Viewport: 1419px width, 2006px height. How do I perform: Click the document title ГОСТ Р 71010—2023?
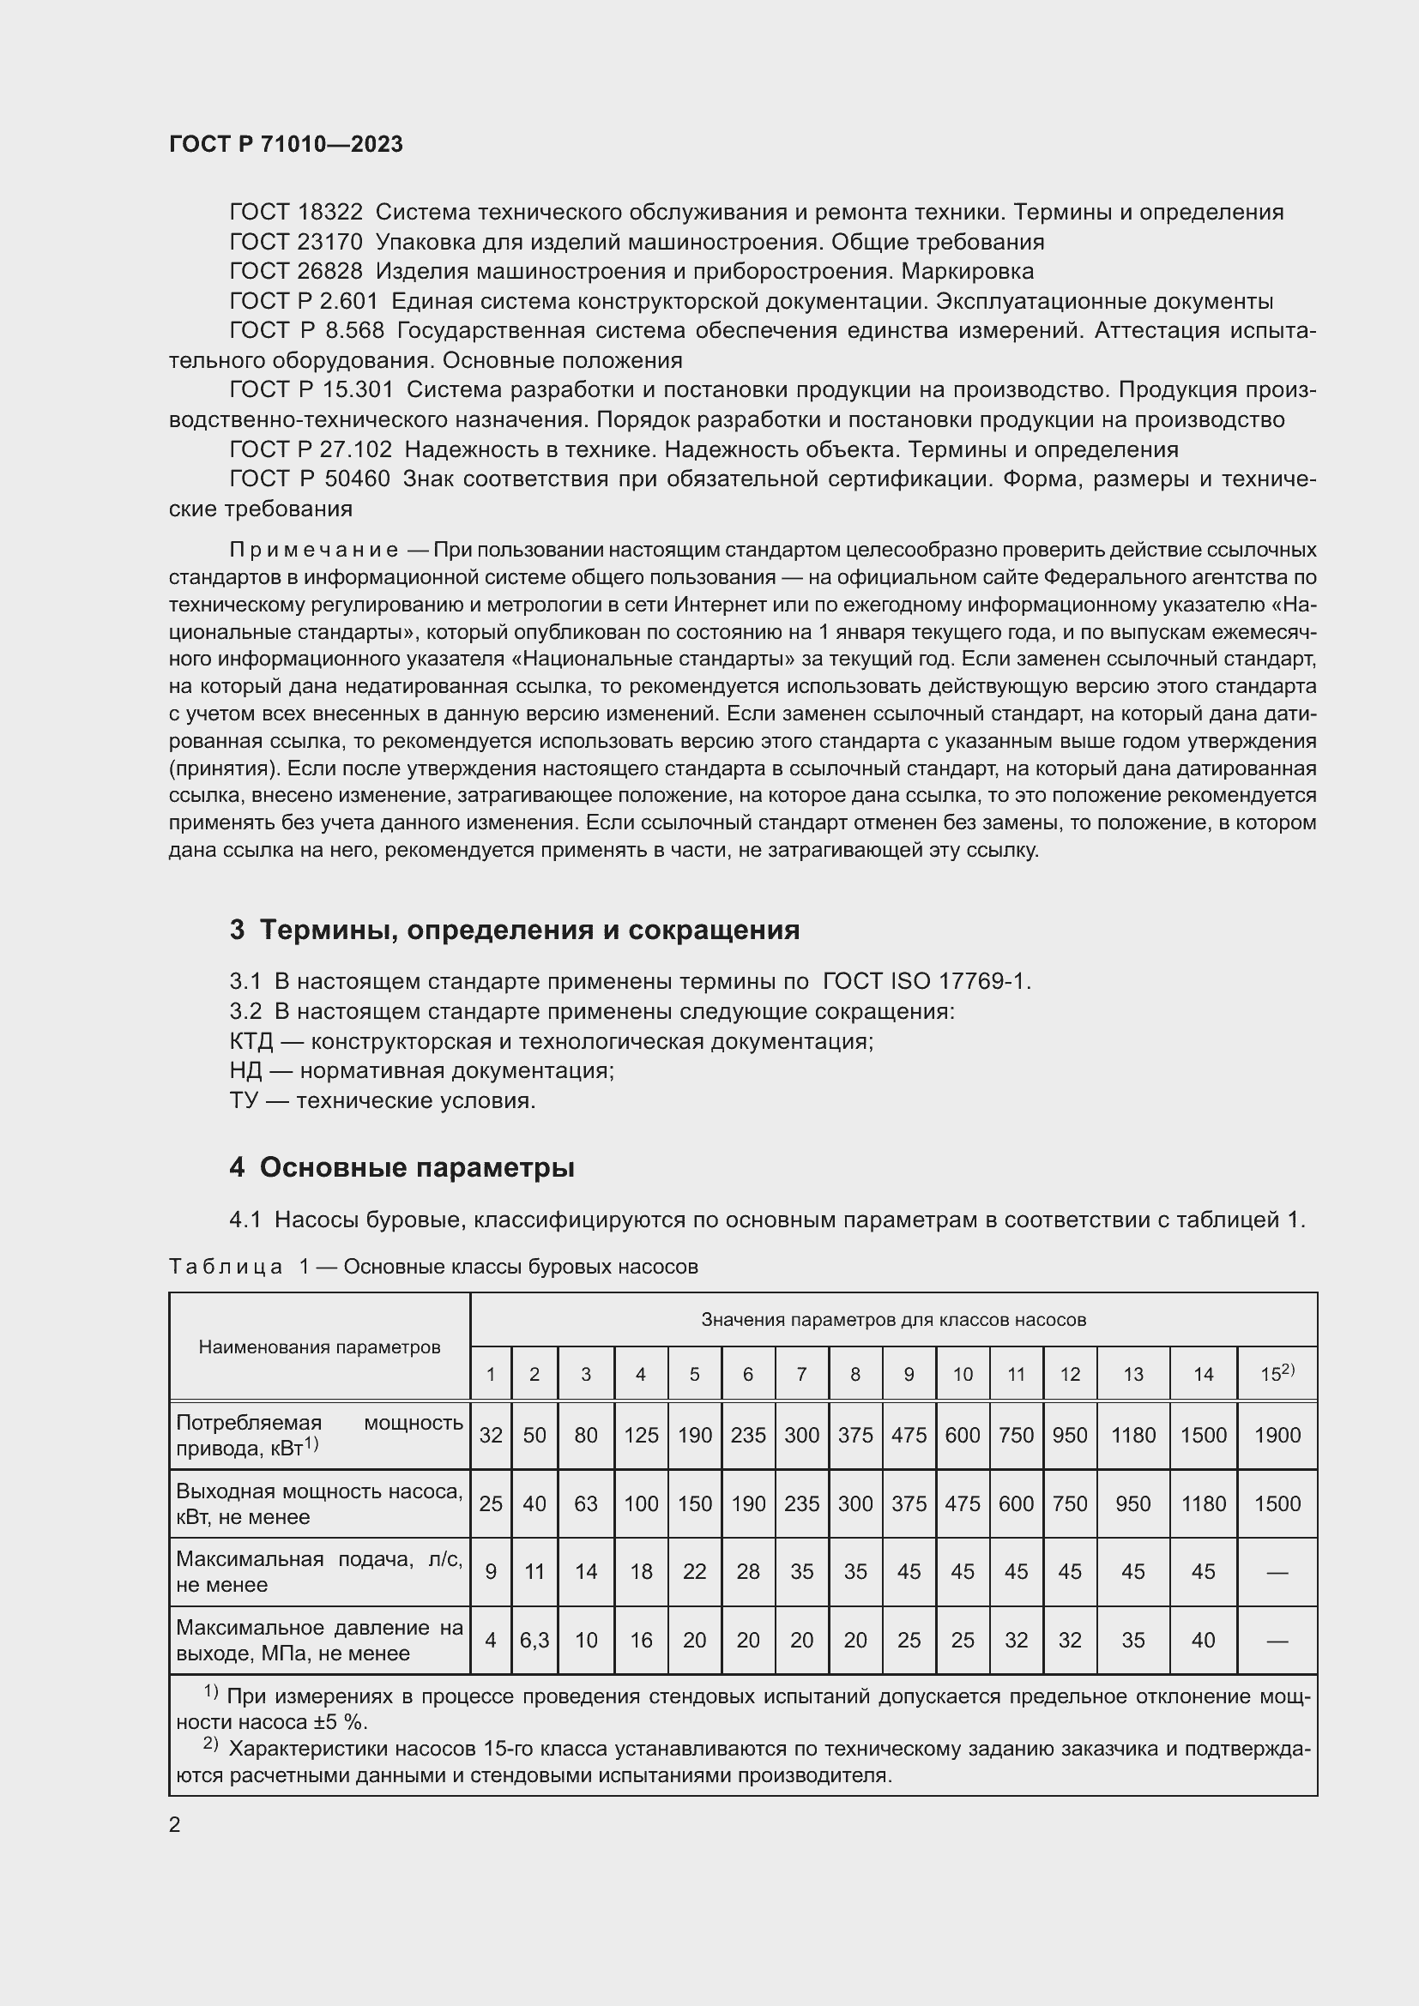click(x=286, y=144)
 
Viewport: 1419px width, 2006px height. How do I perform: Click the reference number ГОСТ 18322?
click(x=295, y=213)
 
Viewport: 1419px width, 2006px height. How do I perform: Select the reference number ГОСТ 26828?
click(x=295, y=272)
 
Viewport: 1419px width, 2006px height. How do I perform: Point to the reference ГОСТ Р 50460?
click(x=310, y=479)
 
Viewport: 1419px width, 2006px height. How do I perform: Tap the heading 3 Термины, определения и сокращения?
click(x=515, y=930)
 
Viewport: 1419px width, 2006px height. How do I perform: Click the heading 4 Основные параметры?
click(x=402, y=1167)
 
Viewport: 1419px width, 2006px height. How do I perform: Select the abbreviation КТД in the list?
click(x=251, y=1041)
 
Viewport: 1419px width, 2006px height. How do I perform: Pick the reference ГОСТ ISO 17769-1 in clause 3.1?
click(x=926, y=981)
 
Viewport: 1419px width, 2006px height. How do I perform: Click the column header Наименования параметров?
click(x=319, y=1346)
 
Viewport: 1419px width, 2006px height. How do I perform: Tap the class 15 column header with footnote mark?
click(x=1277, y=1373)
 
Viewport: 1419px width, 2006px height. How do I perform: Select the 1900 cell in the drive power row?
click(x=1277, y=1435)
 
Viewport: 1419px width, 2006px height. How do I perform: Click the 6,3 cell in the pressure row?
click(x=534, y=1640)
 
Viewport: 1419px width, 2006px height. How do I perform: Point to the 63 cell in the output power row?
click(x=585, y=1503)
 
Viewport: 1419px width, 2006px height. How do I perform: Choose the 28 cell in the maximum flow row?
click(x=748, y=1572)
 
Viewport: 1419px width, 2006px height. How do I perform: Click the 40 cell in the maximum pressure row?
click(x=1203, y=1640)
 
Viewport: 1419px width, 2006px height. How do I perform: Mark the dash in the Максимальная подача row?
click(x=1277, y=1573)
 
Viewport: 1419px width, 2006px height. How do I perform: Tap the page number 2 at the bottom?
click(x=175, y=1825)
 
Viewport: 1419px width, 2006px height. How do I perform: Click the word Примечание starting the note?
click(x=314, y=551)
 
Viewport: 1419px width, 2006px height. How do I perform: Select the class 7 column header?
click(x=801, y=1374)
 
